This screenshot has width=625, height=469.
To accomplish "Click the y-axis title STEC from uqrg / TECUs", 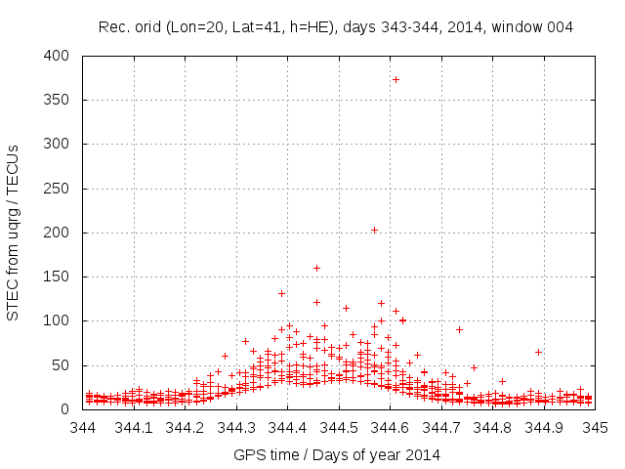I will [13, 234].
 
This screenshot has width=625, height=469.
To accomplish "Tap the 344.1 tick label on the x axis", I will [134, 427].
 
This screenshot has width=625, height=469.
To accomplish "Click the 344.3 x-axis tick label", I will [236, 427].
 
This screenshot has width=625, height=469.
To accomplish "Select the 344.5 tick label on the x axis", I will [339, 427].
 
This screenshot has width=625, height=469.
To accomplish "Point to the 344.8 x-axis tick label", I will [493, 427].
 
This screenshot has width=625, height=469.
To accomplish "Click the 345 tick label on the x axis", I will [596, 427].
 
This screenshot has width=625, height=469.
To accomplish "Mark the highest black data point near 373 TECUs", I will [396, 79].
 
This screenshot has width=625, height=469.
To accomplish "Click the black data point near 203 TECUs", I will [374, 230].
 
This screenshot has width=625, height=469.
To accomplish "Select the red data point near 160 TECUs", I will [316, 268].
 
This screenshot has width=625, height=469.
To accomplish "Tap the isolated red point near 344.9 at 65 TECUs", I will [538, 352].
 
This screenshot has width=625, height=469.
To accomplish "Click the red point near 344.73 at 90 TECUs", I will [459, 329].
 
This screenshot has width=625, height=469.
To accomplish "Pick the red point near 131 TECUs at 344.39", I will [281, 293].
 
